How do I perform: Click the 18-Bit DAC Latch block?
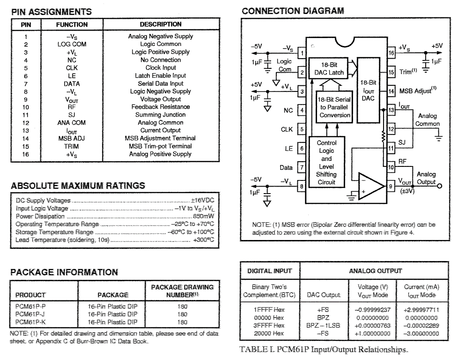329,68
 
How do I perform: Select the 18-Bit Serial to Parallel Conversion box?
334,107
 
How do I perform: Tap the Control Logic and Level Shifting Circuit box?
326,162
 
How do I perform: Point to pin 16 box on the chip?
391,53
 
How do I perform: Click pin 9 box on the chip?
391,186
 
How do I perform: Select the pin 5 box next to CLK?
302,129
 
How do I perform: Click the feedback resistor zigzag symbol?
383,137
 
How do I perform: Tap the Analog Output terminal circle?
439,186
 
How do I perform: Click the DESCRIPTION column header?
161,24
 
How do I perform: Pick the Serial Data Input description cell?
161,83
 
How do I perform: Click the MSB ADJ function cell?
72,138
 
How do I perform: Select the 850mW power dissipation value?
203,216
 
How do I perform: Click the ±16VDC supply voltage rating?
202,200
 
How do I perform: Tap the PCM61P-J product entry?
30,315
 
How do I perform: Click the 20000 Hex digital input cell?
269,333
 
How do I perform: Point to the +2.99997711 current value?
421,310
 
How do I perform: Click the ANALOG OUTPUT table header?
375,271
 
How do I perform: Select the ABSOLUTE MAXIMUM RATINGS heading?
78,186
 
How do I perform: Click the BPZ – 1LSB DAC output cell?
323,325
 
